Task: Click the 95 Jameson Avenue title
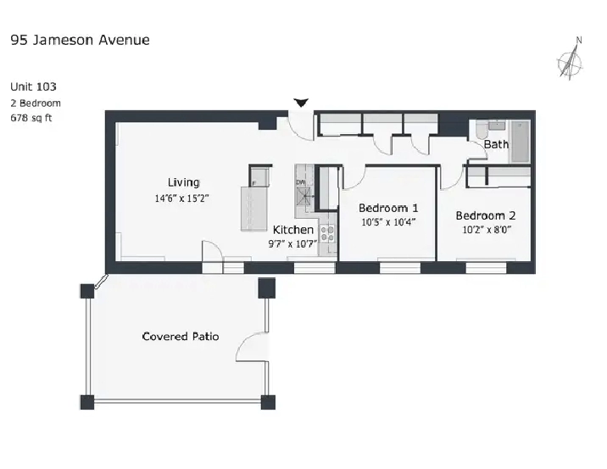[81, 40]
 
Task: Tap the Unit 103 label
[33, 87]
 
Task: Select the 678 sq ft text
[31, 118]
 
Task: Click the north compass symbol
[571, 60]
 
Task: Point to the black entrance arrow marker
[301, 103]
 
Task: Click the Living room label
[183, 182]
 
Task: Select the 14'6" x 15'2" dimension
[182, 198]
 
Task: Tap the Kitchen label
[293, 230]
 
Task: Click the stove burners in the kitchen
[327, 233]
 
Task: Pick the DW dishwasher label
[301, 182]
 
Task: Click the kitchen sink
[303, 197]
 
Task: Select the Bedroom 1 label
[388, 208]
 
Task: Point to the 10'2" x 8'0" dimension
[487, 230]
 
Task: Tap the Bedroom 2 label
[486, 215]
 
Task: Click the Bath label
[496, 144]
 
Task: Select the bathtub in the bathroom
[521, 142]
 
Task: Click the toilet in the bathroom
[482, 131]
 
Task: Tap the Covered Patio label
[181, 336]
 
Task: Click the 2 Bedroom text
[36, 103]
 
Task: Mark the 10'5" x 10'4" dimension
[388, 222]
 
